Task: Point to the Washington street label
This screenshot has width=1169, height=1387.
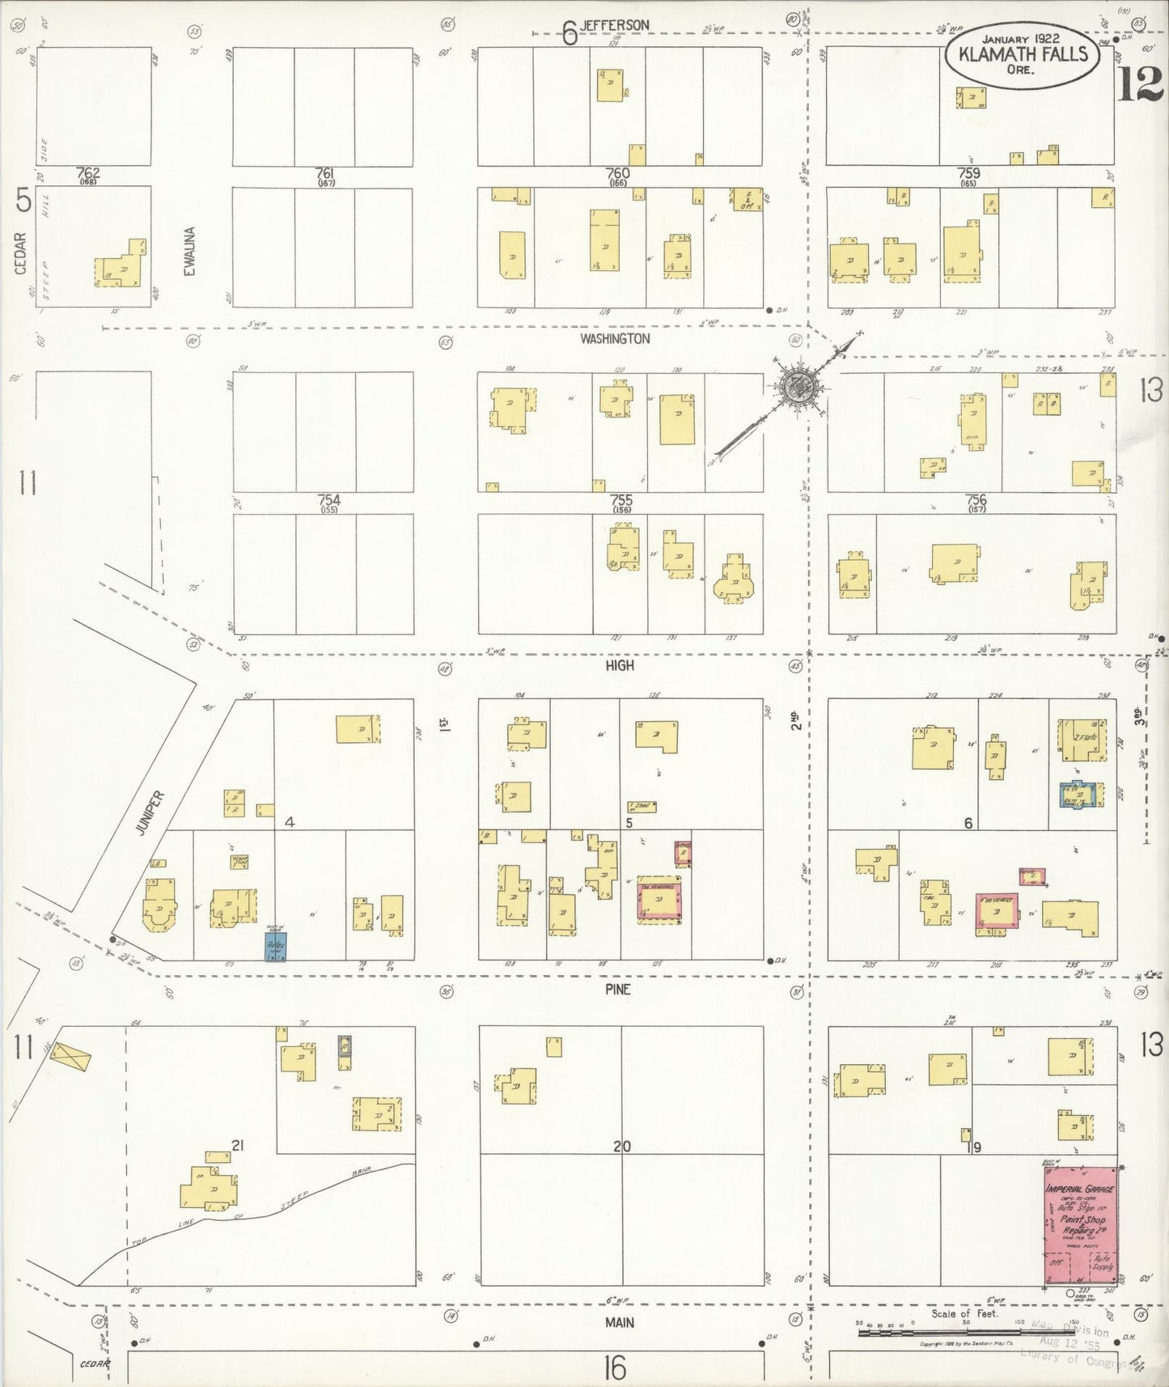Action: pos(615,339)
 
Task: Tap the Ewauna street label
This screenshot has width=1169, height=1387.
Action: pos(189,251)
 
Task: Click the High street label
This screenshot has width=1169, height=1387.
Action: pos(620,665)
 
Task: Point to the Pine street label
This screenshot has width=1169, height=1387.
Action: pos(616,989)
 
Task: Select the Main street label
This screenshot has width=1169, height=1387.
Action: pos(620,1322)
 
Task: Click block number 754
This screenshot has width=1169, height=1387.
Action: pos(328,501)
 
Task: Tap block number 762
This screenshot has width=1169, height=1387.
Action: pos(87,172)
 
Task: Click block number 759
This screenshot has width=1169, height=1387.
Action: pos(968,172)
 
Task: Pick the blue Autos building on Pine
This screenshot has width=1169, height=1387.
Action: pos(276,946)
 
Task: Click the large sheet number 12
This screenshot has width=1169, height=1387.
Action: pos(1140,84)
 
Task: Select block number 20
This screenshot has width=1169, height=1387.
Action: pos(621,1146)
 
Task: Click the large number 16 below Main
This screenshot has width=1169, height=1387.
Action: pos(614,1368)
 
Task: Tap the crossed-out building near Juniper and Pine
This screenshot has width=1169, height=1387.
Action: pos(71,1058)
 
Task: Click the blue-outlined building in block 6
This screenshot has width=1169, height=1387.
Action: pos(1080,795)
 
